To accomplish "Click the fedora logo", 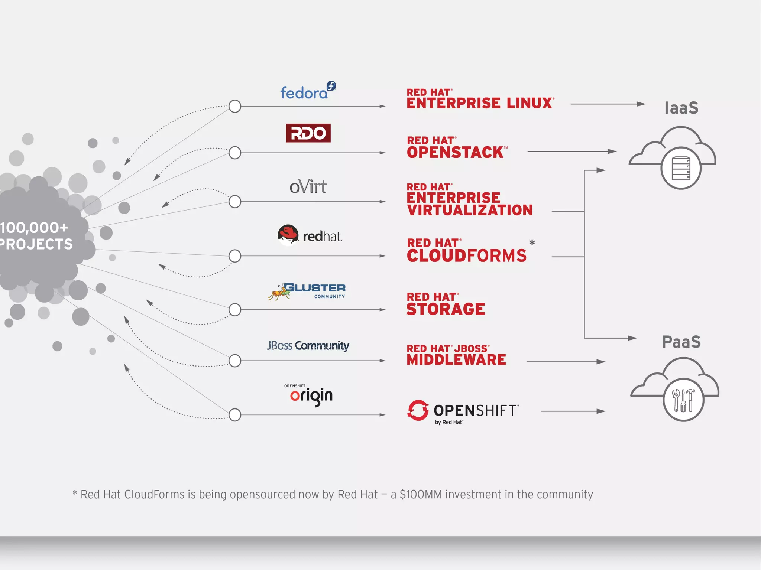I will click(308, 91).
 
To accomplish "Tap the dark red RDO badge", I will click(308, 133).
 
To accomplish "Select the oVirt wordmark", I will click(308, 186).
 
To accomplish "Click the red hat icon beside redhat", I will click(288, 235).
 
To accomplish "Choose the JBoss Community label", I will click(308, 346).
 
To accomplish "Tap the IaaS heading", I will click(681, 108).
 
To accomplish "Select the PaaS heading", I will click(681, 342).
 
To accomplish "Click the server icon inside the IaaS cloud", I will click(681, 168).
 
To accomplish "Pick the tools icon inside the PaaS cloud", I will click(683, 400).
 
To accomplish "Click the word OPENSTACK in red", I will click(455, 152).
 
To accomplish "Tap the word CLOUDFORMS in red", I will click(467, 255).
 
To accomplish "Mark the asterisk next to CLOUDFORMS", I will click(532, 243).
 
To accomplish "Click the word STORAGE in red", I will click(446, 309).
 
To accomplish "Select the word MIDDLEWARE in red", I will click(456, 359).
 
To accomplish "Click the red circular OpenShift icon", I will click(418, 410).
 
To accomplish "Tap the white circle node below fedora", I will click(235, 106).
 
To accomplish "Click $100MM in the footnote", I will click(421, 495).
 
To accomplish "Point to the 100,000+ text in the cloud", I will click(34, 228).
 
